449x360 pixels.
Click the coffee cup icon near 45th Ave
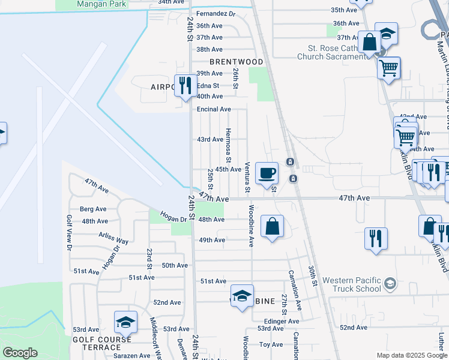pos(267,173)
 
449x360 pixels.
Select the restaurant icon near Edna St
pos(184,85)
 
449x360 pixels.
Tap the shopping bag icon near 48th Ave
pos(273,227)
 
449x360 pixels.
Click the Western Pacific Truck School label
pos(352,284)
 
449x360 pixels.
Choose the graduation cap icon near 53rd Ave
pos(125,323)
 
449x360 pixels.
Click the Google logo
pos(20,353)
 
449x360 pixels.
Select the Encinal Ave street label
pos(214,109)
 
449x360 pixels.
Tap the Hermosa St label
pos(228,145)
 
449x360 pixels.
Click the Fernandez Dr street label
pos(215,14)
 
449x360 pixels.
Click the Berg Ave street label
pos(93,209)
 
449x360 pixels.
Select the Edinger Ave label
pos(281,322)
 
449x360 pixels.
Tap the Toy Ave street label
pos(271,344)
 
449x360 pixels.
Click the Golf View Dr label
pos(69,233)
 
